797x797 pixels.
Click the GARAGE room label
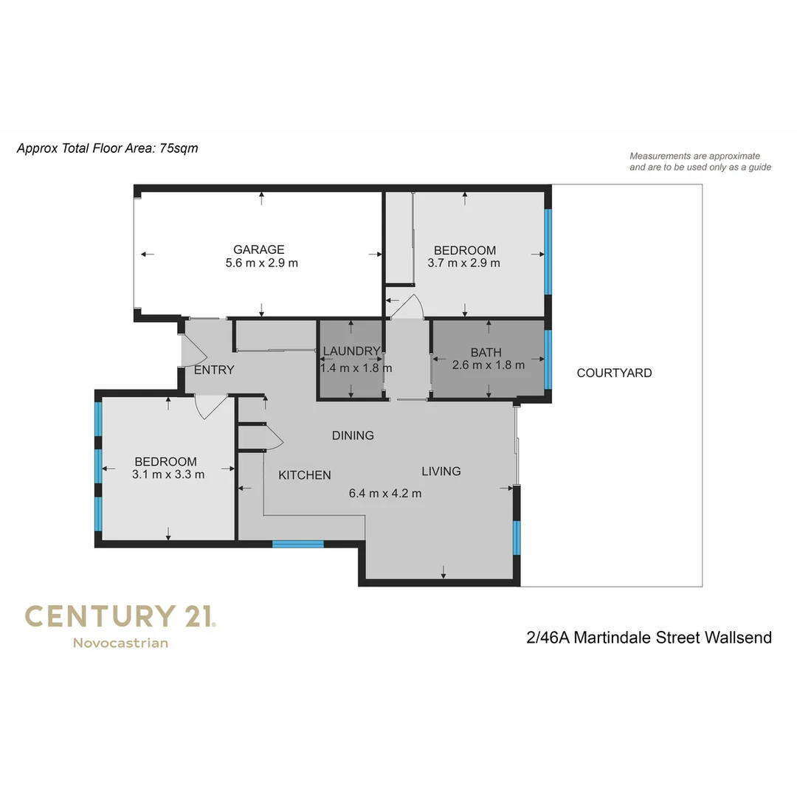(258, 249)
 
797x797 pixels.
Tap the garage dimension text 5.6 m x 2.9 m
(261, 263)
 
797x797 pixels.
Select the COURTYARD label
(614, 373)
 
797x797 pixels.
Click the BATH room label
(486, 352)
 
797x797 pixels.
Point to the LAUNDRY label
(351, 351)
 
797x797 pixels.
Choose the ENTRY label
(214, 370)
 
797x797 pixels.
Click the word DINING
(353, 435)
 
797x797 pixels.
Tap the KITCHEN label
(304, 475)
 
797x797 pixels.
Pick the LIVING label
(441, 471)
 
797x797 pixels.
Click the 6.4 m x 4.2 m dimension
(385, 493)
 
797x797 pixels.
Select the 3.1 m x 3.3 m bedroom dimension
(168, 475)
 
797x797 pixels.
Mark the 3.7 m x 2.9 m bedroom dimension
(463, 263)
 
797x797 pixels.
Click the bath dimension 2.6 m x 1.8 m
(488, 365)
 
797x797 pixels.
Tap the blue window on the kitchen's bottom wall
(298, 545)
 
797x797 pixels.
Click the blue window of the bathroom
(548, 359)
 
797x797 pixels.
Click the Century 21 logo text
(120, 616)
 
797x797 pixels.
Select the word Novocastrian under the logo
(120, 643)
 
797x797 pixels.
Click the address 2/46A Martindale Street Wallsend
(649, 637)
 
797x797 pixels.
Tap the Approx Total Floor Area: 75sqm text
(107, 148)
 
